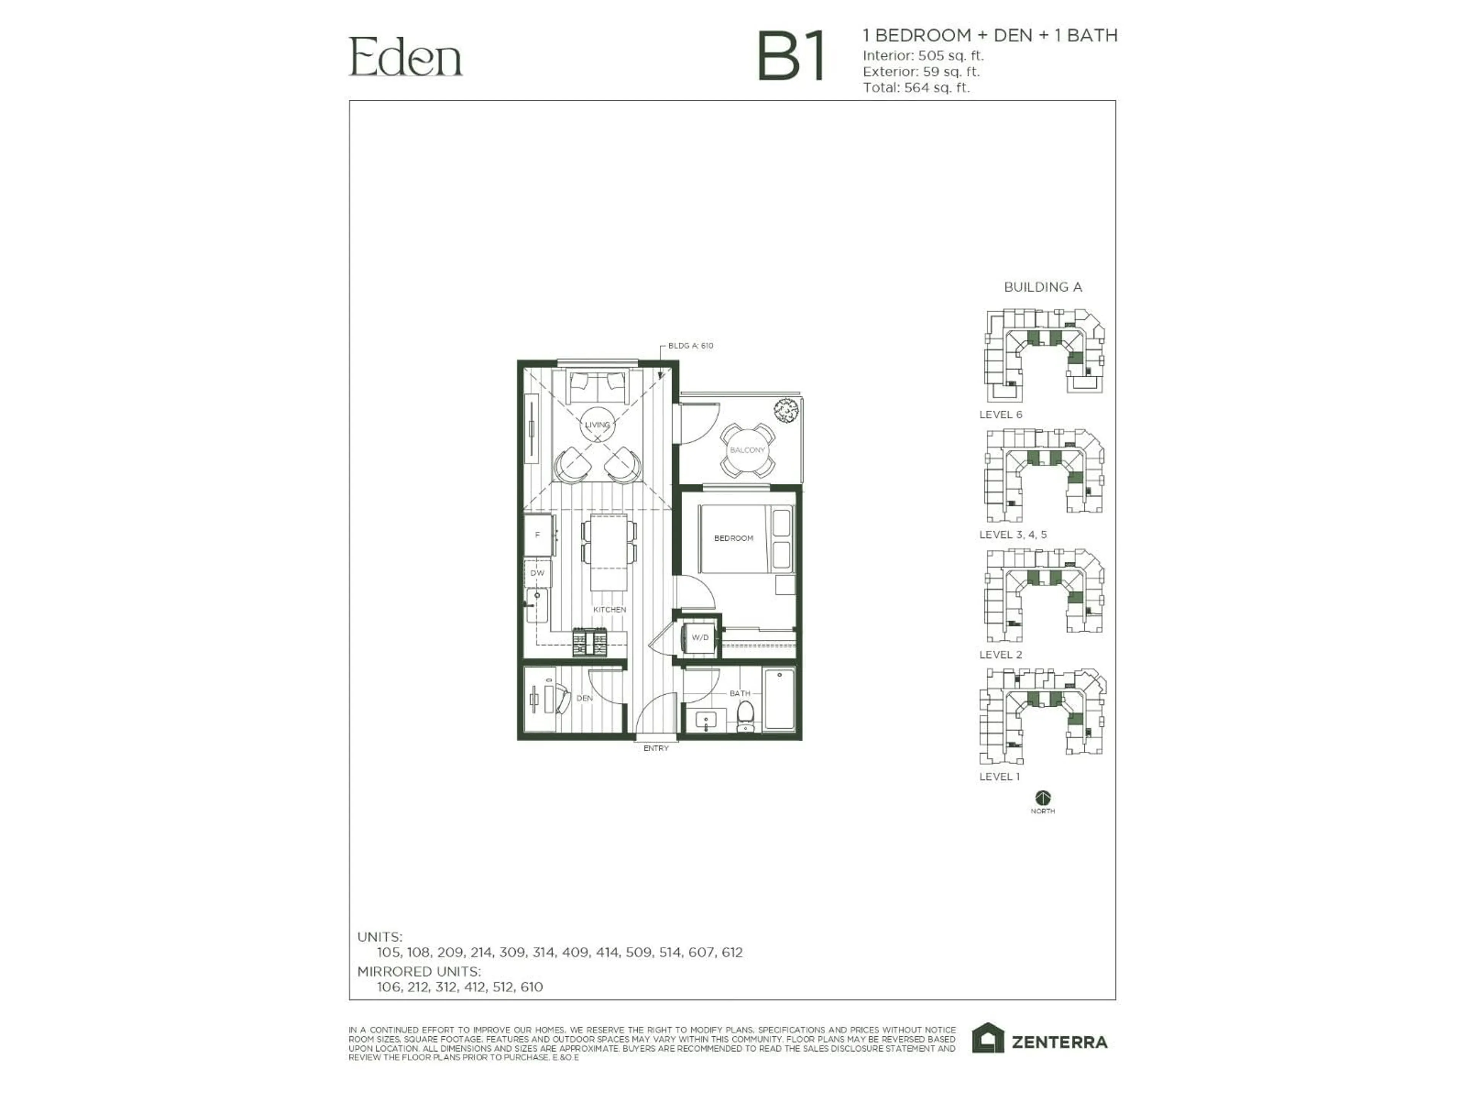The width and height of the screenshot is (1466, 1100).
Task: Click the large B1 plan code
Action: click(x=792, y=57)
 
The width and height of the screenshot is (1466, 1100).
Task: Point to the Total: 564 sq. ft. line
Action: click(x=916, y=87)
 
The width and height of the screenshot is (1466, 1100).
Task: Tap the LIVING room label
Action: click(x=597, y=425)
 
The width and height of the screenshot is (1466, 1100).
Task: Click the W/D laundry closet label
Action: click(x=700, y=637)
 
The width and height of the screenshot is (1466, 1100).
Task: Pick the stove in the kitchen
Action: click(x=590, y=642)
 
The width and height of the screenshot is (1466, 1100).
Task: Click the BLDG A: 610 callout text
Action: click(x=691, y=345)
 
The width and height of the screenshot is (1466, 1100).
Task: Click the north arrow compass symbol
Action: click(x=1043, y=797)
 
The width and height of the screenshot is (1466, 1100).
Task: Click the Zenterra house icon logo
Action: click(x=988, y=1039)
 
